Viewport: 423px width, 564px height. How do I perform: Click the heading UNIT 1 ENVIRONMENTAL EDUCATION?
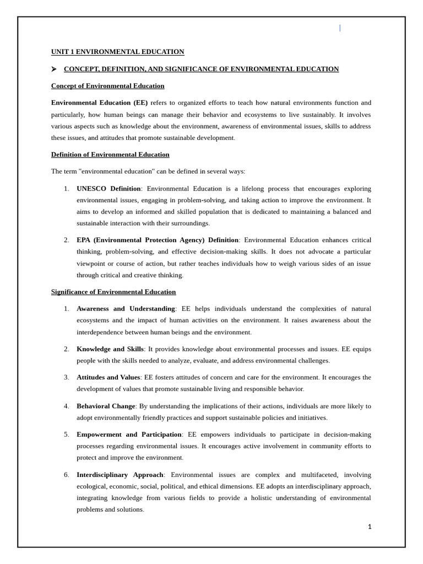117,52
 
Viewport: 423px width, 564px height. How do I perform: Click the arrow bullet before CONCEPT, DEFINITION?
54,69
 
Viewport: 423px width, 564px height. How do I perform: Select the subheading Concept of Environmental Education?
107,86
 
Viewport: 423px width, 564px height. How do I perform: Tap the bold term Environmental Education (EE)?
99,103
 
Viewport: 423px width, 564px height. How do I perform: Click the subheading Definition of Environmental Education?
110,155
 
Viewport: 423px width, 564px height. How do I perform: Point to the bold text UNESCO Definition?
109,189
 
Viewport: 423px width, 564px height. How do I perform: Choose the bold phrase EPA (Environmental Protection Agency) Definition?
158,240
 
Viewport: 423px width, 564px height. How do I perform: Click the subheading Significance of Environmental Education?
113,292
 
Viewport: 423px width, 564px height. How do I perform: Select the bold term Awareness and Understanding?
126,309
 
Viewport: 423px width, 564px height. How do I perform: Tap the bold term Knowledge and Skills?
110,349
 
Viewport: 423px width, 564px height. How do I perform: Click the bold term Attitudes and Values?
108,378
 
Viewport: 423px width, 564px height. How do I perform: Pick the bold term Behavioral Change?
106,406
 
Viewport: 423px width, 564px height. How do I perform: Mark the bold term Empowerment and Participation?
129,435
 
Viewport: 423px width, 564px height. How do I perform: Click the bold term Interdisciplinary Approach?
120,475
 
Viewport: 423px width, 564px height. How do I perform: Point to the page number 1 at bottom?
370,527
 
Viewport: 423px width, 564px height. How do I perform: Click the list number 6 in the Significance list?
66,475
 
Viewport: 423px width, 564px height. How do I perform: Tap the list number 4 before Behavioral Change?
66,406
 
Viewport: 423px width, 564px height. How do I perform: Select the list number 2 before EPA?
66,240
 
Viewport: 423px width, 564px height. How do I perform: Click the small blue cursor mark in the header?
340,28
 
